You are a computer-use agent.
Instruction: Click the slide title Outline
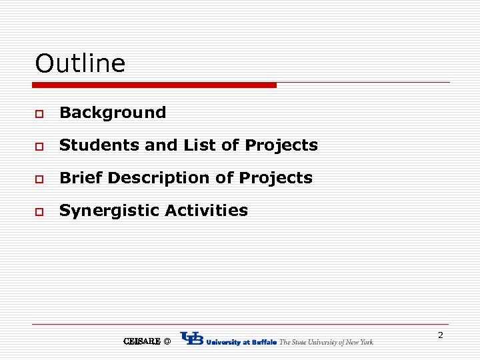pos(80,64)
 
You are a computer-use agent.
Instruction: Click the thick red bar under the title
pos(155,85)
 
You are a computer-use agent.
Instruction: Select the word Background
pos(113,113)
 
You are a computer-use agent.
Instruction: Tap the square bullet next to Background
pos(40,114)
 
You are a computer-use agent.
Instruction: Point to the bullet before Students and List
pos(40,147)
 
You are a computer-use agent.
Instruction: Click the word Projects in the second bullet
pos(281,145)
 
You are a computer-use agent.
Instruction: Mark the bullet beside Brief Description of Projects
pos(40,179)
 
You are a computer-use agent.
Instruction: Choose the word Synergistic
pos(109,211)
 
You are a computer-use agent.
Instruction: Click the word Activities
pos(206,211)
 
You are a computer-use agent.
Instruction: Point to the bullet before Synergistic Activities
pos(40,212)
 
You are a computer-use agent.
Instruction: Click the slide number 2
pos(440,335)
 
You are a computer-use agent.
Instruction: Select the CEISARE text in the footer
pos(141,341)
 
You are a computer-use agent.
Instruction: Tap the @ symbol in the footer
pos(167,341)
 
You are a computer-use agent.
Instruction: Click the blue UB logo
pos(192,339)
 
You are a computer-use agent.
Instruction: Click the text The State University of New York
pos(326,342)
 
